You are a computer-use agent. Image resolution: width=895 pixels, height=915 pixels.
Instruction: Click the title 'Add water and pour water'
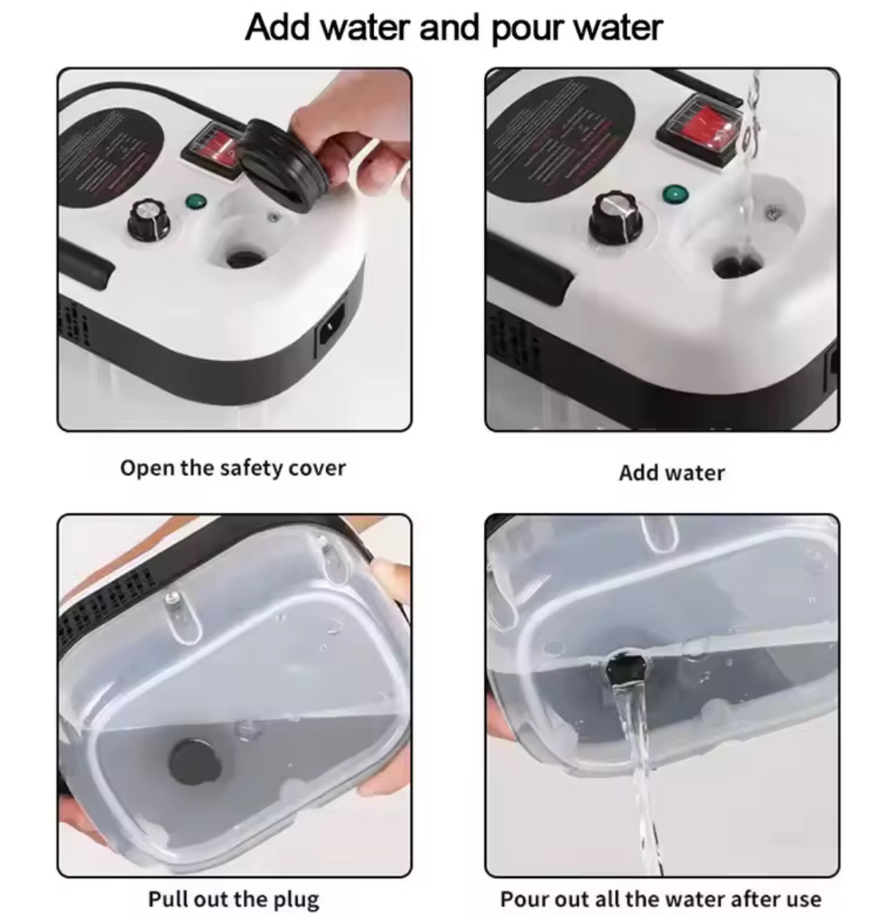[x=454, y=27]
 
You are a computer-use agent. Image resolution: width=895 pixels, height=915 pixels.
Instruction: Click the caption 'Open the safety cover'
[x=232, y=468]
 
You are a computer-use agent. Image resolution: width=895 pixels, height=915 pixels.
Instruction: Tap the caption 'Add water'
[x=671, y=472]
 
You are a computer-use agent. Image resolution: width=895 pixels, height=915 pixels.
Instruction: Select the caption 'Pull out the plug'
[x=233, y=876]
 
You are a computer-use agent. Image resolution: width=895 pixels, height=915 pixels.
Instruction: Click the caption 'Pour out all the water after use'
[x=660, y=876]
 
